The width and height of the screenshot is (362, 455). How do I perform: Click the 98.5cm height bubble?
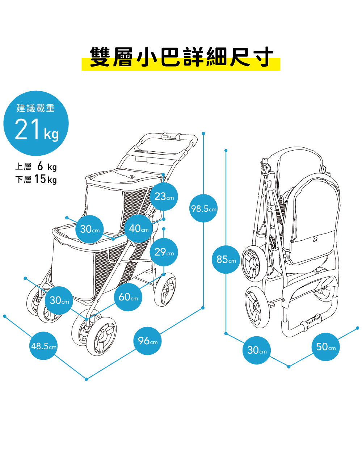(203, 208)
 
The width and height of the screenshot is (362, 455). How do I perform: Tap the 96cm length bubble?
(148, 341)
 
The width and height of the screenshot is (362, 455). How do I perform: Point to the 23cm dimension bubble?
(164, 197)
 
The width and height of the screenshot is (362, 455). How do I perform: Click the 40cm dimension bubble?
(139, 228)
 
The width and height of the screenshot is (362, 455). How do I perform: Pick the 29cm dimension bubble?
(164, 252)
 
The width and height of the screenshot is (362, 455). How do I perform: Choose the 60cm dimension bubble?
(129, 297)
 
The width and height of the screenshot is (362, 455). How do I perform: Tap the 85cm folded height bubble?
(226, 260)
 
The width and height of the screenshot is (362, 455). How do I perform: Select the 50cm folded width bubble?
(326, 347)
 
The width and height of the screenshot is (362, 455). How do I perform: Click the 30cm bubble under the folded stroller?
(257, 350)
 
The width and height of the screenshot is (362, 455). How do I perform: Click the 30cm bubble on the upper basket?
(90, 229)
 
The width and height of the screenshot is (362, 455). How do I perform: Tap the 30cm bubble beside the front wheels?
(59, 300)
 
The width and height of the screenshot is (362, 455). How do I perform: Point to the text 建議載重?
(36, 108)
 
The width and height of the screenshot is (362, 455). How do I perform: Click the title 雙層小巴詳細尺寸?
(181, 58)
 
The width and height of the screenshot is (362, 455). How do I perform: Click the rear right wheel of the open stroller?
(165, 289)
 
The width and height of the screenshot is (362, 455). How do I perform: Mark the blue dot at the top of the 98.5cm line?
(203, 134)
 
